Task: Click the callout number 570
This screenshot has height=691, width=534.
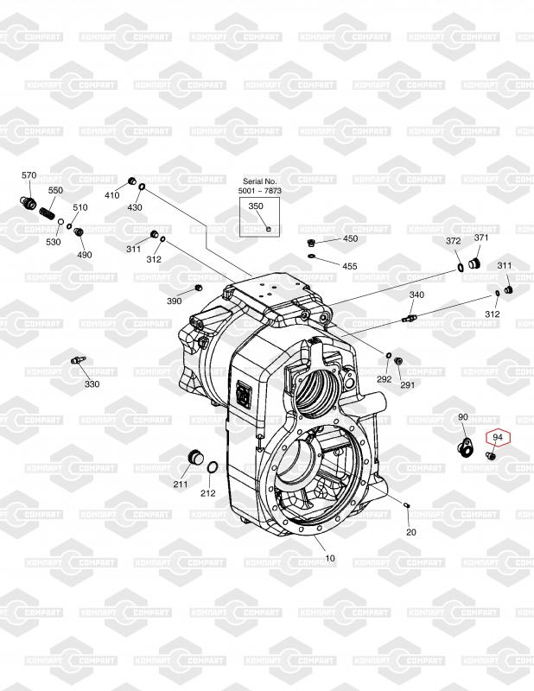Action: point(29,175)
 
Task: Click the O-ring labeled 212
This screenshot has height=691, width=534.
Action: point(213,467)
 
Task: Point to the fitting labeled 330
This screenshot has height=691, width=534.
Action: point(78,359)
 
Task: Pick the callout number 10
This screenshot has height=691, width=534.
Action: point(330,558)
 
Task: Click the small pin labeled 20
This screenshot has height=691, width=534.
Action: point(407,504)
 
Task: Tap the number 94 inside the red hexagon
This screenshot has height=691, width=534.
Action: point(498,437)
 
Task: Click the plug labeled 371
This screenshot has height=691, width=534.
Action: point(474,263)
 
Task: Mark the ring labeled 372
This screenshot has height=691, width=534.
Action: point(460,267)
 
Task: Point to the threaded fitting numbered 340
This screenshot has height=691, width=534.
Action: point(410,318)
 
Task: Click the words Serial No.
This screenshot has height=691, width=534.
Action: point(260,181)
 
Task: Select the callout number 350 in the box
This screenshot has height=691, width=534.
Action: point(256,206)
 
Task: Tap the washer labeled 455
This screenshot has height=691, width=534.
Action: point(312,256)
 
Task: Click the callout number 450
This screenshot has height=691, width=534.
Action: point(351,239)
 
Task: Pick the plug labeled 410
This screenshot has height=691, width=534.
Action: point(131,181)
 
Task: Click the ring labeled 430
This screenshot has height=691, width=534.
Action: point(142,188)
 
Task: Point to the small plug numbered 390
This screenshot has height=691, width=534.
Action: point(198,288)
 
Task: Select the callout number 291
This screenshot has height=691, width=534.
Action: point(408,384)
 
